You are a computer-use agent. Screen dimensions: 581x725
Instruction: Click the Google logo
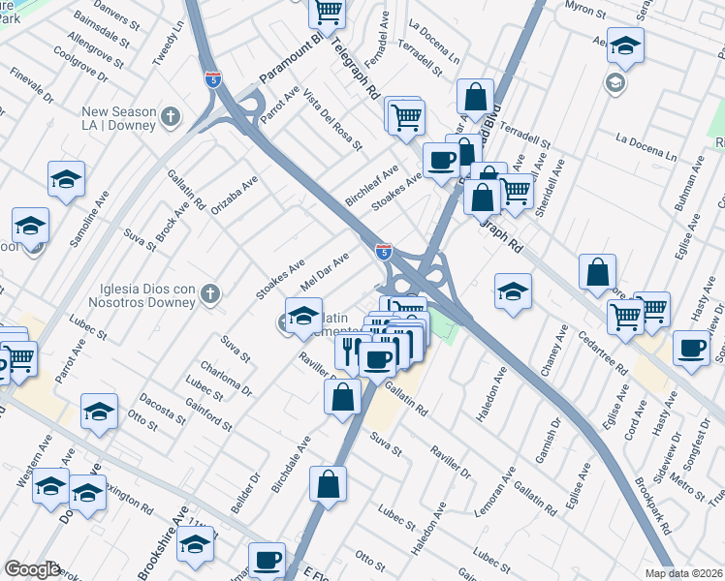click(32, 569)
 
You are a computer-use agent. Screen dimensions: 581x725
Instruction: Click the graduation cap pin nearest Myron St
click(626, 47)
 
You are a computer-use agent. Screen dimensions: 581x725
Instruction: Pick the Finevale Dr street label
click(32, 84)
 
